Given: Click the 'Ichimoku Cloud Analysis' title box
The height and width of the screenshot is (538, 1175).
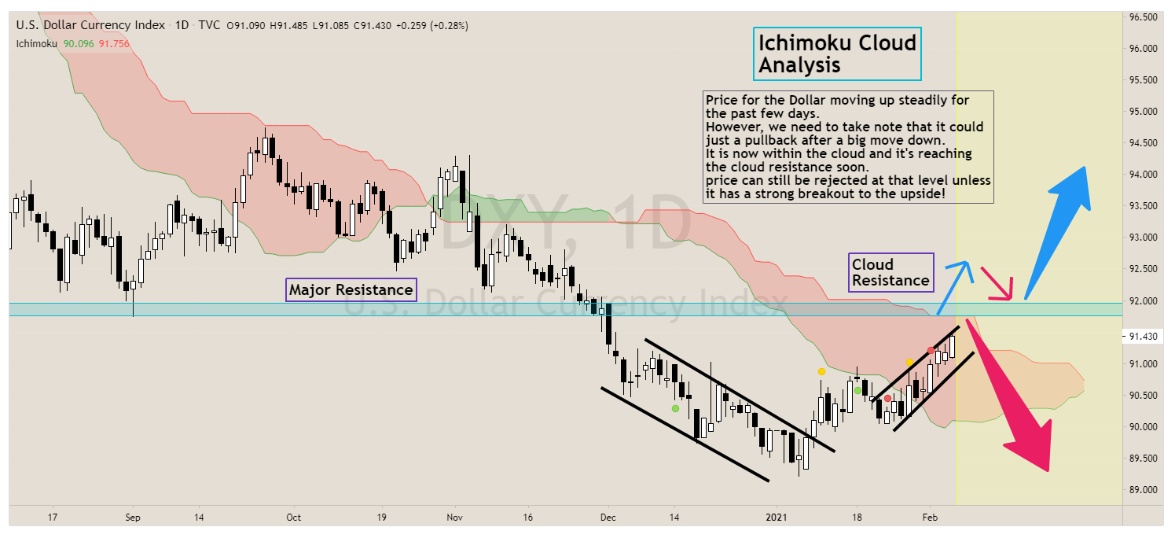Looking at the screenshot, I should coord(837,53).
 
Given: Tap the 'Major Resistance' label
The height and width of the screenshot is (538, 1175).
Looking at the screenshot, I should coord(351,290).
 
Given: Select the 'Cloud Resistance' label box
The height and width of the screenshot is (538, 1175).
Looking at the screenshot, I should coord(890,272).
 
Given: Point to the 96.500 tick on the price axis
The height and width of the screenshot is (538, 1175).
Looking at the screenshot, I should coord(1143,17).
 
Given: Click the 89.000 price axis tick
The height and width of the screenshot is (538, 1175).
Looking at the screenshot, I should coord(1143,489).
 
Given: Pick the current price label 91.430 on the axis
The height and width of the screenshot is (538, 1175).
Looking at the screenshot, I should coord(1144,337).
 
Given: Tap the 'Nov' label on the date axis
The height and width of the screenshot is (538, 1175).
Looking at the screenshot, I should coord(454,518).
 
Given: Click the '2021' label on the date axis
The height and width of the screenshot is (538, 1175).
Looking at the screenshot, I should coord(777,518).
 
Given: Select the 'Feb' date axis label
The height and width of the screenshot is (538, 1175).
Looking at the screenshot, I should coord(929,518).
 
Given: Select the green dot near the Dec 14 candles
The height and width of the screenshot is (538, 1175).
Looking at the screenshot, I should coord(674,408).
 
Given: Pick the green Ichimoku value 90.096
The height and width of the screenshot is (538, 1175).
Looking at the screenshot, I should coord(79,43).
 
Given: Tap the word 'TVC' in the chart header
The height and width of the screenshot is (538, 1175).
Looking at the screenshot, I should coord(209,25).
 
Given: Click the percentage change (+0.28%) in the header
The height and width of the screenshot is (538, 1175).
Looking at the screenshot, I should coord(449,25).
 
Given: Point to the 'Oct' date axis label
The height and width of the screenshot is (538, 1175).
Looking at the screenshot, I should coord(293,518).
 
